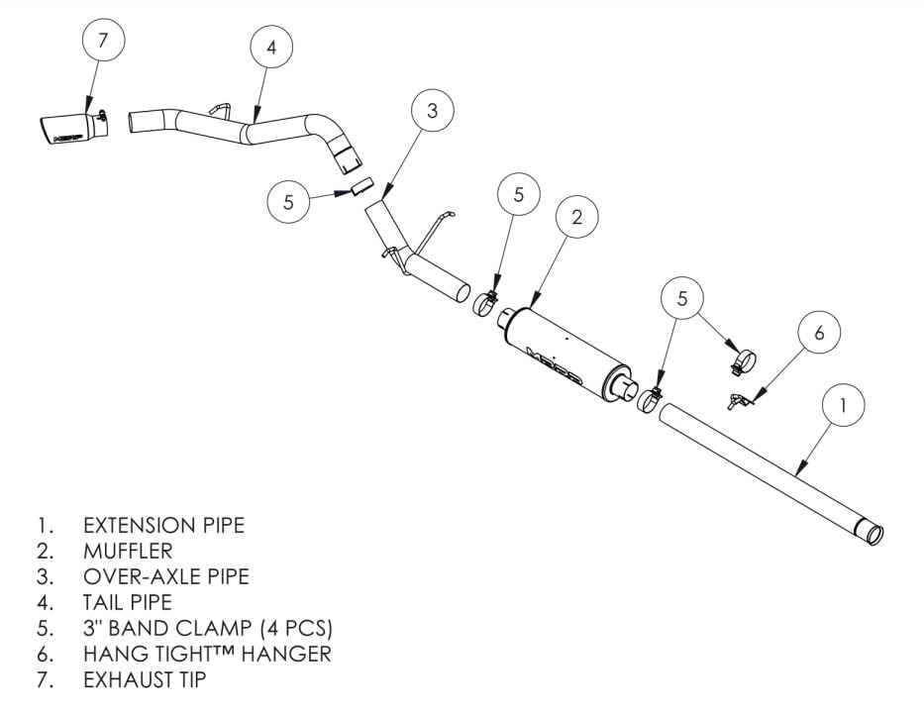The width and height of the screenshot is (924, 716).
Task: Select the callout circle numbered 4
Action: pyautogui.click(x=271, y=47)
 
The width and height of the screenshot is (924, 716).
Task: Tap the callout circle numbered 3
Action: pyautogui.click(x=432, y=111)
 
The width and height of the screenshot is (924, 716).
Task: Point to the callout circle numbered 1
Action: pyautogui.click(x=843, y=404)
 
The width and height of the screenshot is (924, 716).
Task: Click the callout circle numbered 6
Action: pyautogui.click(x=818, y=333)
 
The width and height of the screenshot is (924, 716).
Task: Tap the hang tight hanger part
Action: pyautogui.click(x=738, y=401)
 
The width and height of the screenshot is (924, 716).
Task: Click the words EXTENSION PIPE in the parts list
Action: pyautogui.click(x=163, y=525)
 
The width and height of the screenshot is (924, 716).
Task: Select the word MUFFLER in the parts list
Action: pyautogui.click(x=128, y=551)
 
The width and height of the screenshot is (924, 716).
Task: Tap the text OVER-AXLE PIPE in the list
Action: pyautogui.click(x=165, y=576)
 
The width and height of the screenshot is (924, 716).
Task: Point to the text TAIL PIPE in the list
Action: pyautogui.click(x=128, y=602)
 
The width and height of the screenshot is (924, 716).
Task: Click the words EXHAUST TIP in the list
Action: pyautogui.click(x=146, y=679)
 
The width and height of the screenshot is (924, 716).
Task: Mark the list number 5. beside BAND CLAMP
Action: pyautogui.click(x=44, y=628)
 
